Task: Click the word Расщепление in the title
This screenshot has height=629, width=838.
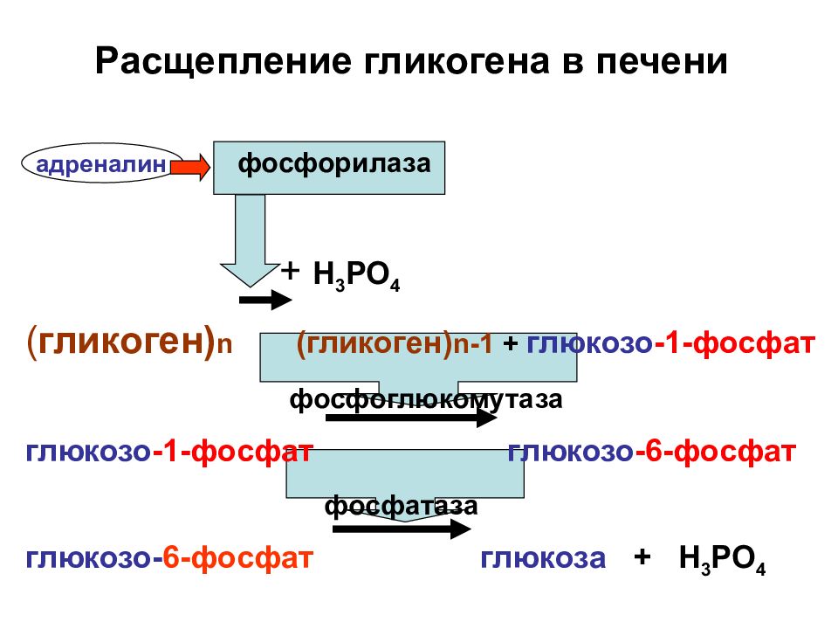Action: point(223,62)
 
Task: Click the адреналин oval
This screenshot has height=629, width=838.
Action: point(101,163)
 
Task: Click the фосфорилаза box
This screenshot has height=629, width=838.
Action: point(329,168)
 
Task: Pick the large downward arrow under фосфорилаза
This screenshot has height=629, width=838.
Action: point(251,241)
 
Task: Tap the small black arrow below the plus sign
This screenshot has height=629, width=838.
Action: point(265,300)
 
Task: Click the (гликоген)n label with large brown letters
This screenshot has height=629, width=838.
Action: point(129,342)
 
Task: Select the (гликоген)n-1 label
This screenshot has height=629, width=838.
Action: point(395,343)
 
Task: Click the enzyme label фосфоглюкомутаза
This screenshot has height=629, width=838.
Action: point(426,400)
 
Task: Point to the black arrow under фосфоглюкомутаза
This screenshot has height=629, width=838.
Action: point(411,418)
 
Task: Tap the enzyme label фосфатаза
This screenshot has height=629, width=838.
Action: point(401,506)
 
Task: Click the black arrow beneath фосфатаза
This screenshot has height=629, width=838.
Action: point(402,529)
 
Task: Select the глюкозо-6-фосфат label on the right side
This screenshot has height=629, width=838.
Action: point(651,452)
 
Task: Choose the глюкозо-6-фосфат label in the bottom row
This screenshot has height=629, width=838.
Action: point(168,558)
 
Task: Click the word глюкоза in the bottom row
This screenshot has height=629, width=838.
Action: point(543,558)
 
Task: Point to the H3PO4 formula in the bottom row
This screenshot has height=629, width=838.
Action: point(722,560)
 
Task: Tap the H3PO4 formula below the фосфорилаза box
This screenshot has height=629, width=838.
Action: point(356,276)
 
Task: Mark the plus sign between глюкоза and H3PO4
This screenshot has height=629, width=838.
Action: point(642,556)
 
